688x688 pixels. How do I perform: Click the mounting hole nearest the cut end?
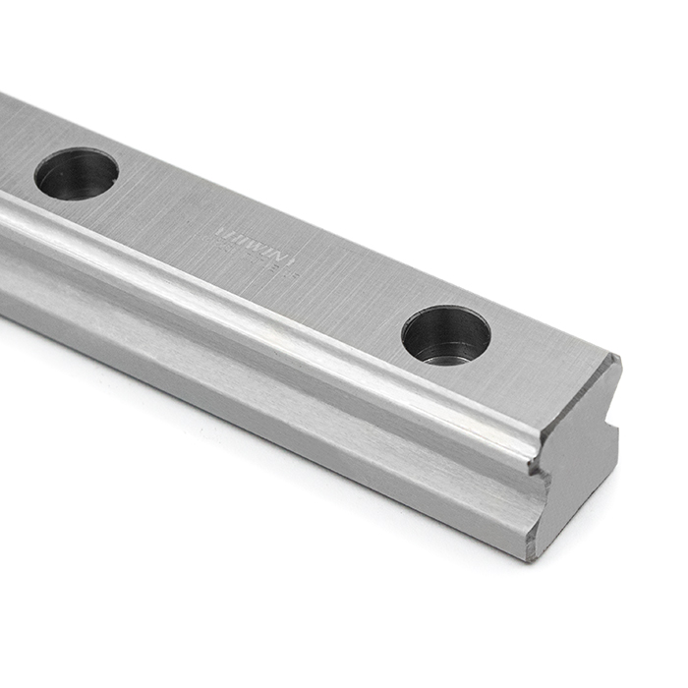pos(446,334)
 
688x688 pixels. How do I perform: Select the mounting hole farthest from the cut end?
pos(77,174)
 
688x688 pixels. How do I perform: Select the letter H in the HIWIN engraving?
pos(224,231)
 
